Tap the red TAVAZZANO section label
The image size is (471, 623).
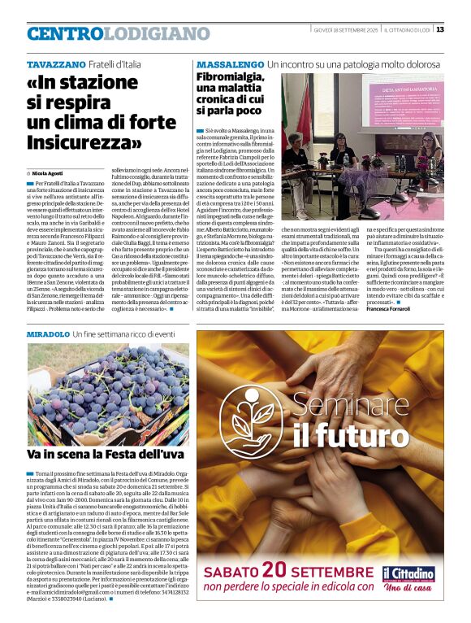click(x=53, y=63)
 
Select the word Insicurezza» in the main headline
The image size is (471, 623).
click(x=84, y=142)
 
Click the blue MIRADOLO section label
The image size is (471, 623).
click(x=48, y=334)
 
